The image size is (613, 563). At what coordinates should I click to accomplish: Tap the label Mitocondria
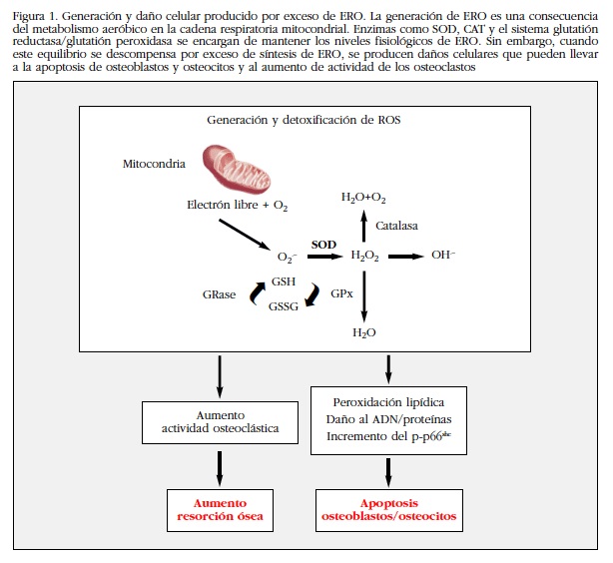pos(154,163)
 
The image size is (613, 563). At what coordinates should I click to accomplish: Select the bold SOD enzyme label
pos(323,243)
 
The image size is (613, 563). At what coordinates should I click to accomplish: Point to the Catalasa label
pos(397,227)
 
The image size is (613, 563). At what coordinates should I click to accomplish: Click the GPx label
pos(339,295)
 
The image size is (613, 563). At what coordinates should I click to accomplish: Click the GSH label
pos(283,282)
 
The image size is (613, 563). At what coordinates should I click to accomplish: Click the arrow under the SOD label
pos(324,257)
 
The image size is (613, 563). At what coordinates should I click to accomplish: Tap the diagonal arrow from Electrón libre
pos(246,235)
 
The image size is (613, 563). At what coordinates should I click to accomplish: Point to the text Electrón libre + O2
pos(238,206)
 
